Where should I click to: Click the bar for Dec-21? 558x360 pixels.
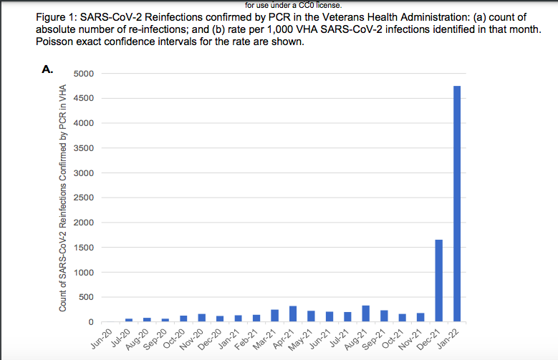(x=438, y=281)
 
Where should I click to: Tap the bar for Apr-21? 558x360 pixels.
(x=293, y=313)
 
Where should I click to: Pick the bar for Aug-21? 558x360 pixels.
(x=366, y=313)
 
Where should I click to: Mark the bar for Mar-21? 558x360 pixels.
(x=274, y=315)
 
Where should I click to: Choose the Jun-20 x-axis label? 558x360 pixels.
(x=101, y=339)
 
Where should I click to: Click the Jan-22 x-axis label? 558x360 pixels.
(x=448, y=339)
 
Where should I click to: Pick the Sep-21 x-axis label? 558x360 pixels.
(x=375, y=339)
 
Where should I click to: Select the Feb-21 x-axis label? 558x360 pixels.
(x=248, y=339)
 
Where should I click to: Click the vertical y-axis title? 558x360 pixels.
(x=63, y=198)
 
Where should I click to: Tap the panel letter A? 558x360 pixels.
(x=48, y=69)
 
